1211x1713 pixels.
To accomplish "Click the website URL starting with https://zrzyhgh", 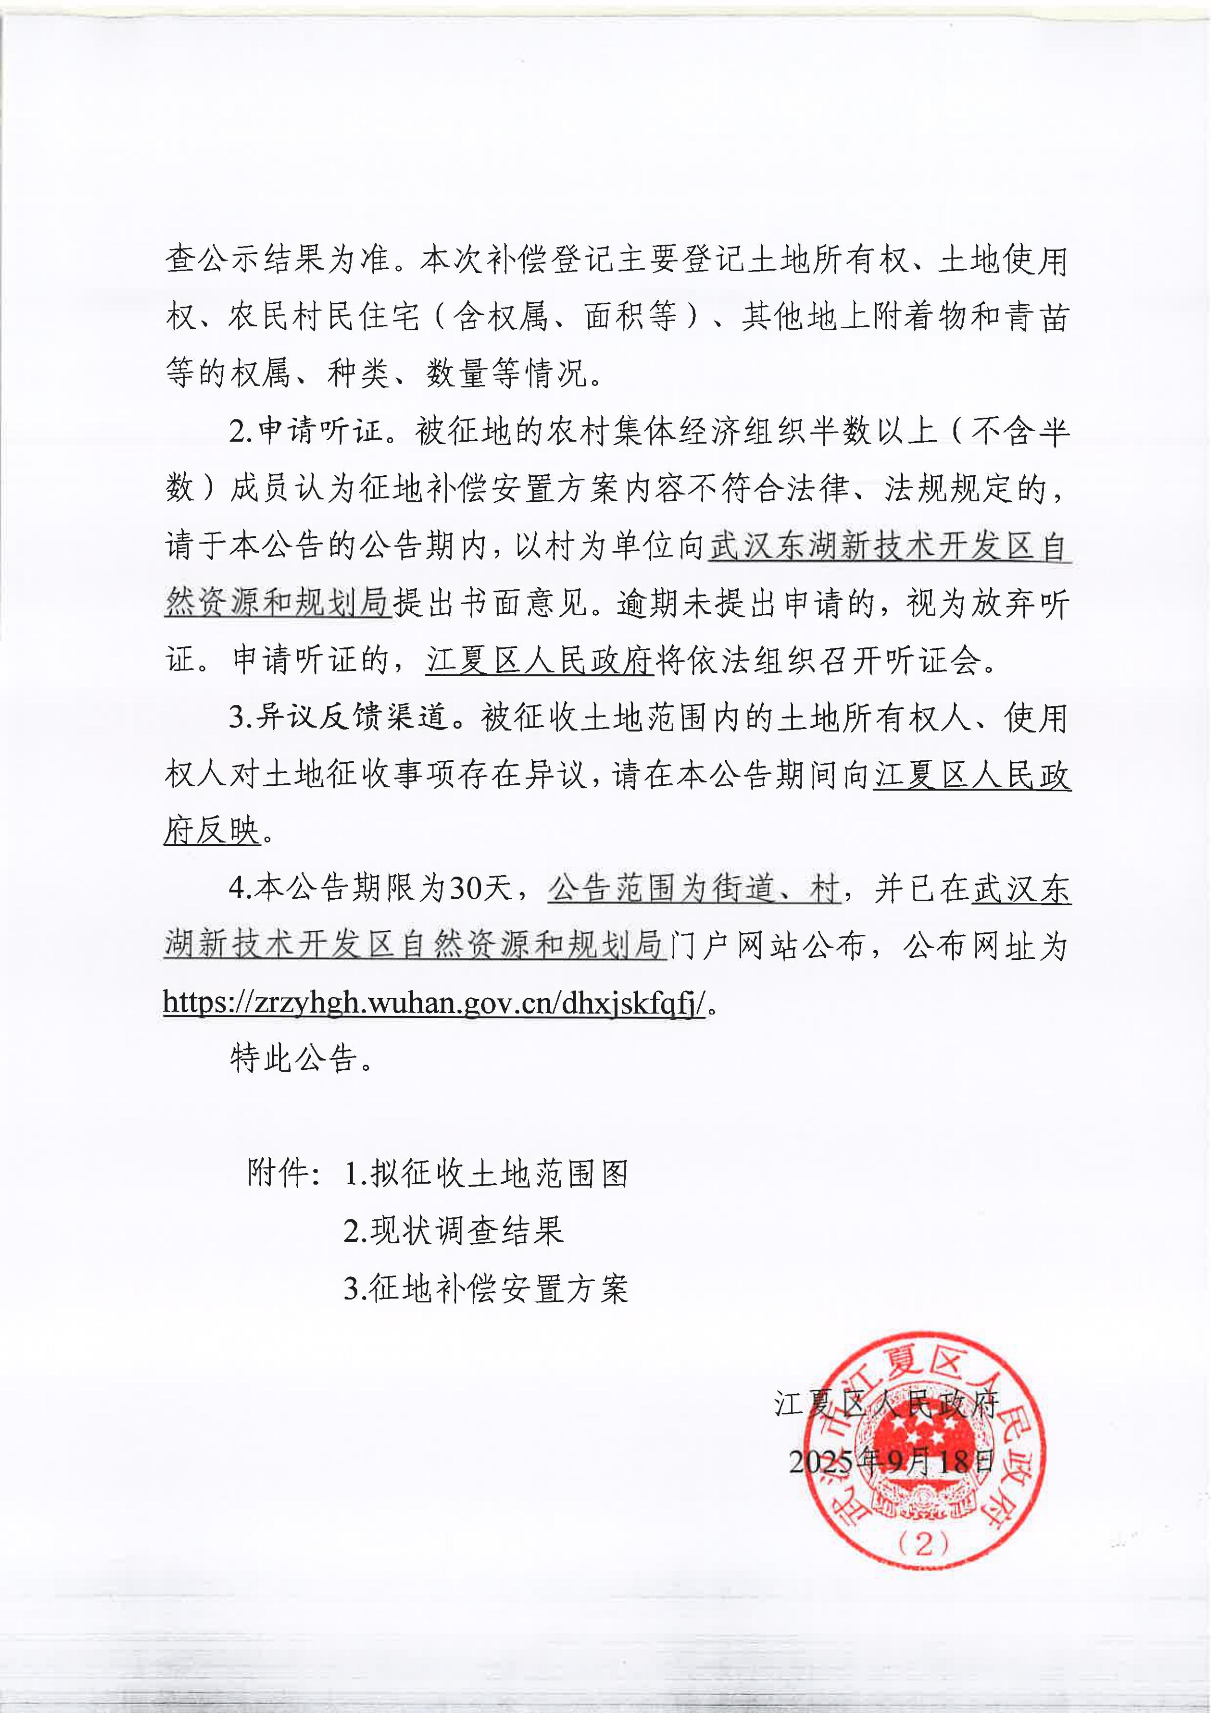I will click(434, 1004).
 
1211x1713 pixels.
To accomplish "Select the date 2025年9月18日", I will click(891, 1460).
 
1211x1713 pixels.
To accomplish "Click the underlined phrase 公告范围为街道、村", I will click(694, 889).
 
